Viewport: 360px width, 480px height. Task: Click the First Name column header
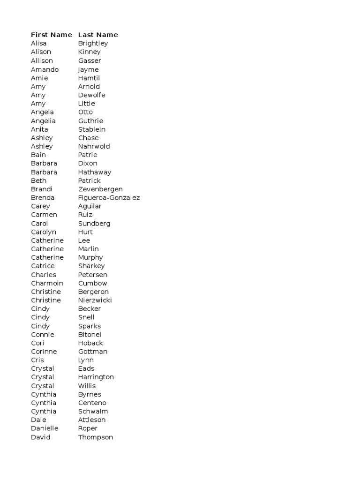pos(52,35)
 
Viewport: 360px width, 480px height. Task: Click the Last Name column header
pos(98,35)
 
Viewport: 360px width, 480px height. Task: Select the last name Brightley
pos(93,43)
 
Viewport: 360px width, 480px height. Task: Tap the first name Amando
pos(45,69)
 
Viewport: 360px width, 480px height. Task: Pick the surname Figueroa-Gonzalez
pos(109,197)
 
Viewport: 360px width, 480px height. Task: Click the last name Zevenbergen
pos(100,189)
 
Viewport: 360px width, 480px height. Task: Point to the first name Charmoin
pos(47,283)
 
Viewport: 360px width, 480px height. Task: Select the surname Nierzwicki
pos(95,300)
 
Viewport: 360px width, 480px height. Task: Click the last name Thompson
pos(96,437)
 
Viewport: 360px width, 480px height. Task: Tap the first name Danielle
pos(45,428)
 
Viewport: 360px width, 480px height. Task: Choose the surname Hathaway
pos(95,172)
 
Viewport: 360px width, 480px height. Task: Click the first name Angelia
pos(43,121)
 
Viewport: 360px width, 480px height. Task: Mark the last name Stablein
pos(92,129)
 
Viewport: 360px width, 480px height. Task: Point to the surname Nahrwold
pos(94,146)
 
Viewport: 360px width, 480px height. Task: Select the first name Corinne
pos(44,352)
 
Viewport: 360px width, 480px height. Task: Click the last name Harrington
pos(96,377)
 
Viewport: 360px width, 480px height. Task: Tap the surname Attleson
pos(92,420)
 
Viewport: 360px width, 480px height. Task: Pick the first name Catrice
pos(43,266)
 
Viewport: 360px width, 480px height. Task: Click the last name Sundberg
pos(94,223)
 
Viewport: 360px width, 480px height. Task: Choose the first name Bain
pos(38,155)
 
